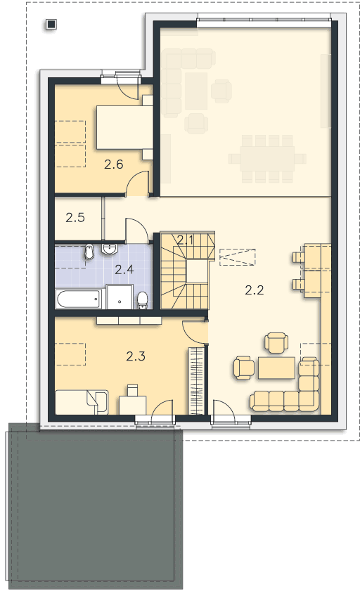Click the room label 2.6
[114, 164]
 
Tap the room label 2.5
[75, 218]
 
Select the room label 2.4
[124, 270]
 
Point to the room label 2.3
[136, 356]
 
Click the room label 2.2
[255, 290]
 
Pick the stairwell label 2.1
[186, 240]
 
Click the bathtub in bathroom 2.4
[79, 299]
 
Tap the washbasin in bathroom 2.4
[110, 250]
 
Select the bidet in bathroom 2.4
[89, 252]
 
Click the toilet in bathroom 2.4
[143, 301]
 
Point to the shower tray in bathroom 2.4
[120, 297]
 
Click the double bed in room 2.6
[124, 127]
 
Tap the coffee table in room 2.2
[276, 368]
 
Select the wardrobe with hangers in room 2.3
[197, 380]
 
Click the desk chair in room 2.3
[132, 390]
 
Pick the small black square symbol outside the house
[51, 25]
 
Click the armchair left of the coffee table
[244, 368]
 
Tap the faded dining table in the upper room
[267, 159]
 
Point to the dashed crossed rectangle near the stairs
[237, 257]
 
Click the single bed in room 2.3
[82, 402]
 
